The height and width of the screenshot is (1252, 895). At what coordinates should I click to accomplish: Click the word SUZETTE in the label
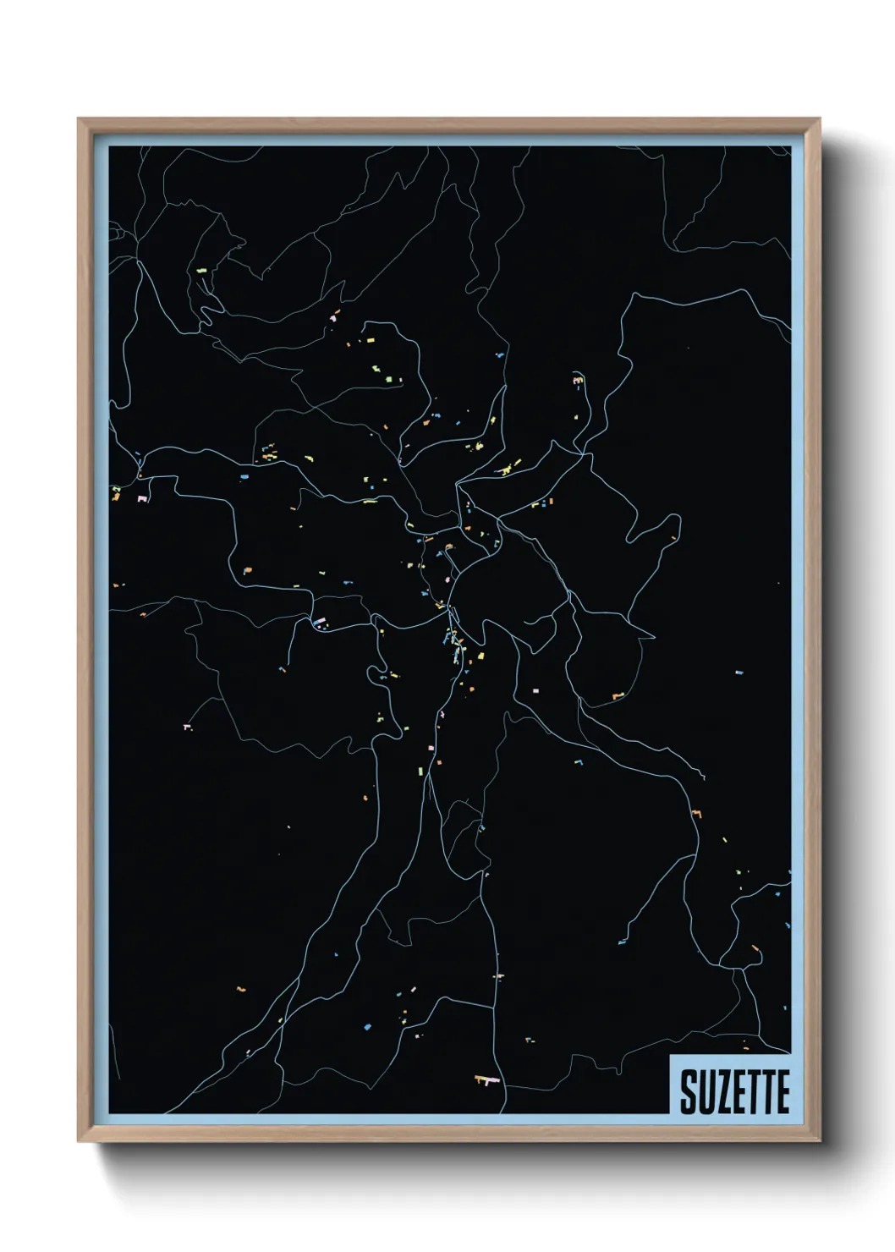point(733,1093)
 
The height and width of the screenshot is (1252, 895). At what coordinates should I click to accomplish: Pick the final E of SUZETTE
point(782,1093)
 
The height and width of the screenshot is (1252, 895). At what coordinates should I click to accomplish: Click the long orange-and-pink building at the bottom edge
point(486,1079)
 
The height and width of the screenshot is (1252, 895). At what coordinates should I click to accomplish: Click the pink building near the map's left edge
point(143,498)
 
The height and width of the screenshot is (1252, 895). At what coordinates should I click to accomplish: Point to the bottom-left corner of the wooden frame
point(80,1141)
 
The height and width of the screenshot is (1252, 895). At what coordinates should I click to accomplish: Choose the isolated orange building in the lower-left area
point(240,989)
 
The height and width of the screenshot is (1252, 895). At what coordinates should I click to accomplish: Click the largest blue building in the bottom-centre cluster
point(368,1026)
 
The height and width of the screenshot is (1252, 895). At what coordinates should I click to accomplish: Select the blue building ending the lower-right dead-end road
point(622,942)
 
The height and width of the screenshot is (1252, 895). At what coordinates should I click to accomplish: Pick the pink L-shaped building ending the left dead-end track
point(187,726)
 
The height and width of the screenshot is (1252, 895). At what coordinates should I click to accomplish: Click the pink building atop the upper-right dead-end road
point(578,382)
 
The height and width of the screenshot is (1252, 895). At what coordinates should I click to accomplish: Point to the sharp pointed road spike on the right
point(652,636)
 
